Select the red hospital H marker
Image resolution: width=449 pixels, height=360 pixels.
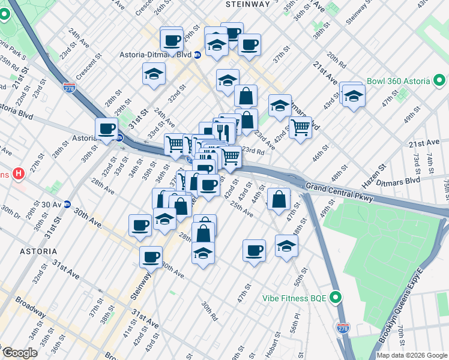click(19, 174)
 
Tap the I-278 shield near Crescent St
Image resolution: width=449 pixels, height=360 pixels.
click(70, 88)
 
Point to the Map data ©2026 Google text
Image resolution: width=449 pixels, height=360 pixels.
click(412, 355)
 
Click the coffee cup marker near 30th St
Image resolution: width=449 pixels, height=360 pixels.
click(107, 128)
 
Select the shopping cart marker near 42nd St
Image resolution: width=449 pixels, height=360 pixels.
click(300, 126)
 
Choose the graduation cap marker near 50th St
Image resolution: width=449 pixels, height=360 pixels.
click(286, 245)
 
